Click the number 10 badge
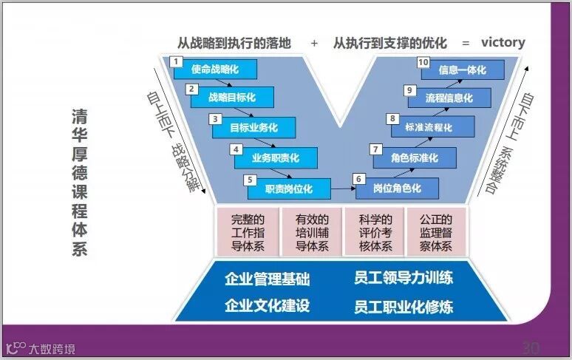click(x=423, y=62)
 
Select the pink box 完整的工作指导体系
click(x=248, y=232)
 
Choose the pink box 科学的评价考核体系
click(x=374, y=232)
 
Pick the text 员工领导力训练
click(x=403, y=279)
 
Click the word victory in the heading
click(x=503, y=42)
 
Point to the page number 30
click(x=531, y=347)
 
